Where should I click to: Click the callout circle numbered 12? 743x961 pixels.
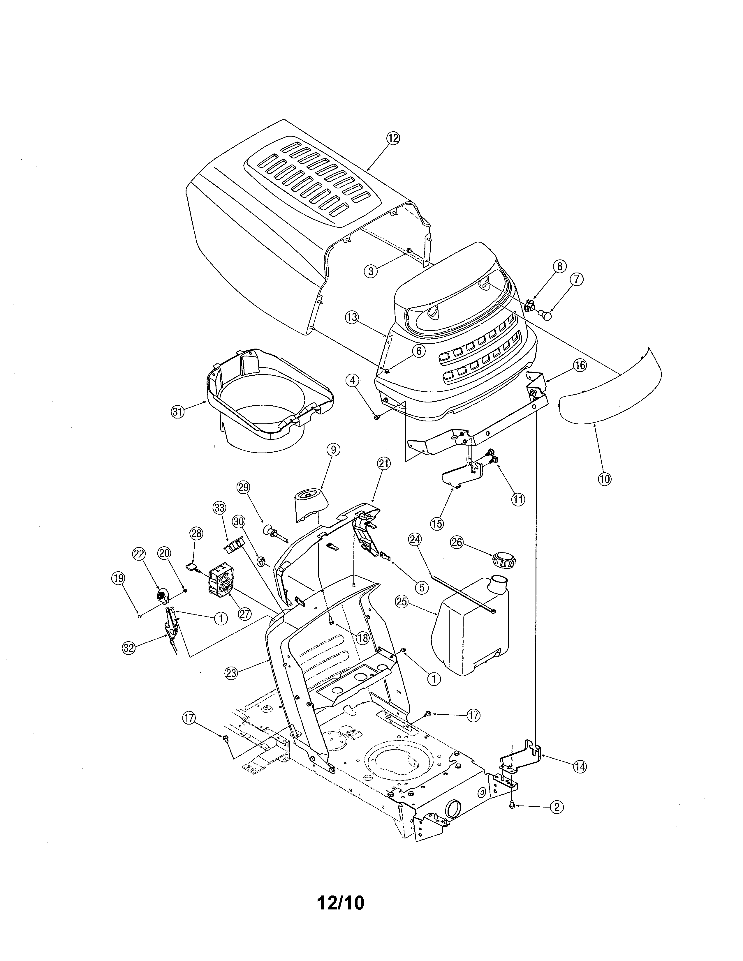pyautogui.click(x=393, y=138)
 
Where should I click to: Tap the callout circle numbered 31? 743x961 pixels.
pyautogui.click(x=177, y=412)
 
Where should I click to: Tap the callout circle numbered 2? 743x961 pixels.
pyautogui.click(x=556, y=807)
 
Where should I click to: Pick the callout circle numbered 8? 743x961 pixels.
pyautogui.click(x=559, y=266)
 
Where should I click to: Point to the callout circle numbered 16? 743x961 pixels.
pyautogui.click(x=580, y=365)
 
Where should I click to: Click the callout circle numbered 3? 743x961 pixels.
pyautogui.click(x=371, y=271)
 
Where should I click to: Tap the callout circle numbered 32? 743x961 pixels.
pyautogui.click(x=128, y=647)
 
